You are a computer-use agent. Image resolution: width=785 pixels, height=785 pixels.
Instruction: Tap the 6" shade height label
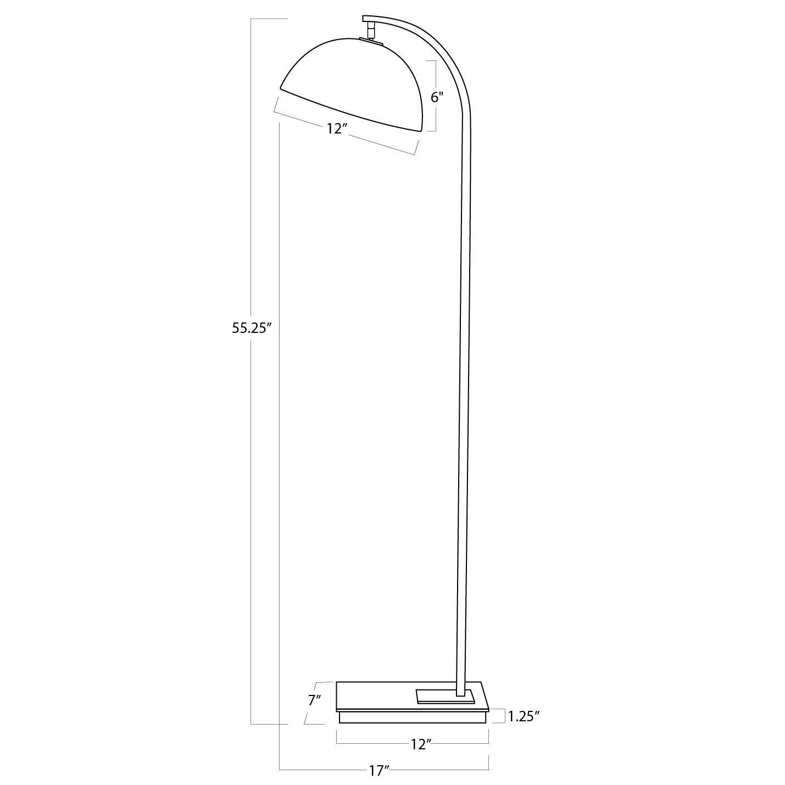click(437, 97)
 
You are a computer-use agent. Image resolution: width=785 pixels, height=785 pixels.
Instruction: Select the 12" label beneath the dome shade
click(337, 129)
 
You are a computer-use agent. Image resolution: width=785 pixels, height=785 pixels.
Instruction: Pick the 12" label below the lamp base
click(420, 744)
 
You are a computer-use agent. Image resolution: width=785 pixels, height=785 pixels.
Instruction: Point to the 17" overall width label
click(380, 771)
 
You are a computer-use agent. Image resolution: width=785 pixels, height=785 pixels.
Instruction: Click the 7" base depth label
click(314, 700)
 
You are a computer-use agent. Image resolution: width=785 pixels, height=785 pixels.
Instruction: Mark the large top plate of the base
click(385, 695)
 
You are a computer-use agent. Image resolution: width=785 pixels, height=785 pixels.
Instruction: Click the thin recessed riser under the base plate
click(412, 717)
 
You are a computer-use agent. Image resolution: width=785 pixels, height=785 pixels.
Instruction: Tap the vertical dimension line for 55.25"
click(251, 494)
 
